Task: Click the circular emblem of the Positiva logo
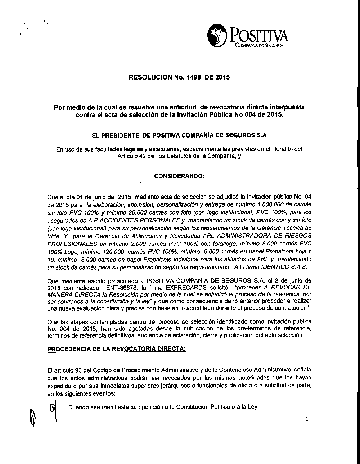217,36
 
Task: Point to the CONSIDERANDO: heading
179,176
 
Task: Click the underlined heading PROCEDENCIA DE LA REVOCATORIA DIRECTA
117,349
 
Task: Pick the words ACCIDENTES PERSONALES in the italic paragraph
139,220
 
